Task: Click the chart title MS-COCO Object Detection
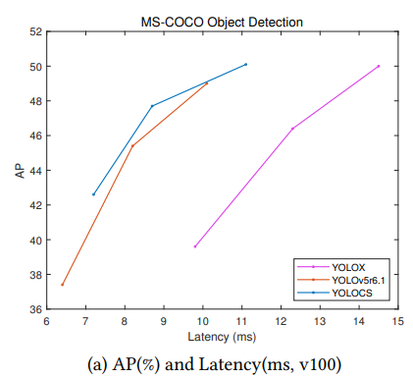(x=222, y=21)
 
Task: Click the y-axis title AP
(x=18, y=170)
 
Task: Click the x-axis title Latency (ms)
(x=222, y=336)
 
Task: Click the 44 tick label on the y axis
(x=34, y=171)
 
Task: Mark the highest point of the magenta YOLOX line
(x=379, y=67)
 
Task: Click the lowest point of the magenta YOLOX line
(x=195, y=246)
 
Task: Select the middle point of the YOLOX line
(x=292, y=129)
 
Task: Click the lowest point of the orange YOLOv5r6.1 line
(x=63, y=285)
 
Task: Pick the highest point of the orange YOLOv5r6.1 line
(x=207, y=83)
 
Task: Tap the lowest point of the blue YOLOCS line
(x=94, y=194)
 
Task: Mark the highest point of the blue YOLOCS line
(x=245, y=64)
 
